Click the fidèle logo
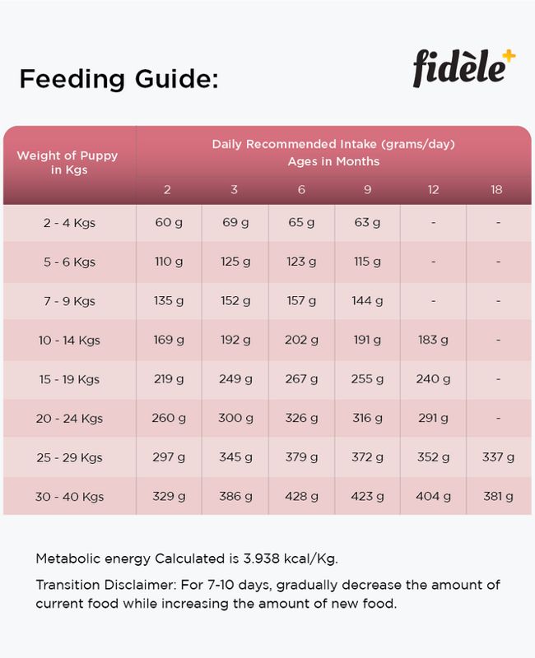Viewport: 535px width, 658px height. (x=464, y=68)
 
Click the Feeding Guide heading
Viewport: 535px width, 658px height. (x=119, y=78)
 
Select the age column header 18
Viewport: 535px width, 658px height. (x=496, y=190)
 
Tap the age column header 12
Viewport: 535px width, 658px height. (x=434, y=190)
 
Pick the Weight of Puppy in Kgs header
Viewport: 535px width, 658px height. (x=67, y=162)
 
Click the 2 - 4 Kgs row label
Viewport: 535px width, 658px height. (x=69, y=223)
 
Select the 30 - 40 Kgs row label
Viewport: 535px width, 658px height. (x=69, y=497)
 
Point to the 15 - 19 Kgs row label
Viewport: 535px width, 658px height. (x=69, y=379)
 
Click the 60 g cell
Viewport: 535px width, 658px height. (x=169, y=222)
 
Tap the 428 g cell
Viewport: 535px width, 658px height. (x=301, y=497)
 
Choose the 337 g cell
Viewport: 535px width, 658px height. (x=498, y=457)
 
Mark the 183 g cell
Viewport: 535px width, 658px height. (x=433, y=340)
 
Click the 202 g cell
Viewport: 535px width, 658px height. (x=301, y=340)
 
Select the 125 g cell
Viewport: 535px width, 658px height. (x=235, y=262)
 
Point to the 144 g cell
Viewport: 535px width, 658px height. (x=367, y=301)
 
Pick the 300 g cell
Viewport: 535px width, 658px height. (x=235, y=418)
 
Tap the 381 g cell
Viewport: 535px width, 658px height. (x=498, y=497)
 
